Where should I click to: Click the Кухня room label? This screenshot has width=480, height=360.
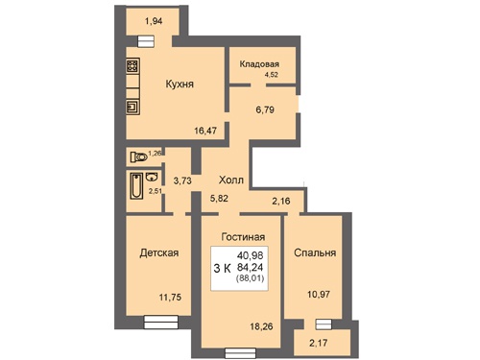coord(180,84)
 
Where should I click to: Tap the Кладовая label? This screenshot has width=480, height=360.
coord(259,64)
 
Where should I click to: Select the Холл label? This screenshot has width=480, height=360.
coord(231,180)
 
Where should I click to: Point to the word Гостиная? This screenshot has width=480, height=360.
coord(243,237)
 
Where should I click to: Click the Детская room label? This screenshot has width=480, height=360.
coord(159,252)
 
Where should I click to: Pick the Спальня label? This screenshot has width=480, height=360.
coord(315,252)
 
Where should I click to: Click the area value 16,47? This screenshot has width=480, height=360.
coord(205,131)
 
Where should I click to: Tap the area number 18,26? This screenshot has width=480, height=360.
coord(261,326)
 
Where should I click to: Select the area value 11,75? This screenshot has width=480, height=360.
coord(170,298)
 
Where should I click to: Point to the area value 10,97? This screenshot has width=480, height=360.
coord(319,295)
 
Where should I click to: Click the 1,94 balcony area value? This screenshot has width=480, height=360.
coord(154,21)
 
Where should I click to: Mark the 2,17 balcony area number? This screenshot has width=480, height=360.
coord(319,343)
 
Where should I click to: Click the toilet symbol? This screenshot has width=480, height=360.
coord(138,157)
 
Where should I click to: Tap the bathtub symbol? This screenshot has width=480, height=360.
coord(136,186)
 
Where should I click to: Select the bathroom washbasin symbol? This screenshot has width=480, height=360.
coord(152,177)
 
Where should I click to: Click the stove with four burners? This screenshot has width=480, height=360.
coord(132,66)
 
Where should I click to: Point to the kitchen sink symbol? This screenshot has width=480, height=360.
coord(132,107)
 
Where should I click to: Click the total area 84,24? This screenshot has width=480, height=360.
coord(251,267)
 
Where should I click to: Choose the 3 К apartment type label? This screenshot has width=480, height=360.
coord(222,268)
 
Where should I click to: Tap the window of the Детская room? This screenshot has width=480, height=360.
coord(160,322)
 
